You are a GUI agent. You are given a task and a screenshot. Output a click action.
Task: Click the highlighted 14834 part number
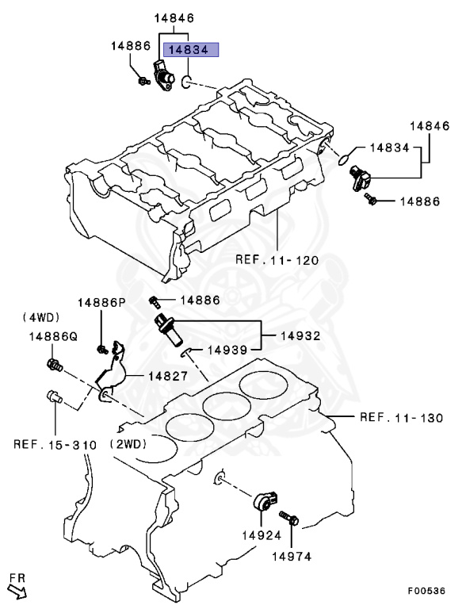tap(185, 49)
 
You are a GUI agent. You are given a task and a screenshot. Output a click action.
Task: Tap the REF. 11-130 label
tap(401, 417)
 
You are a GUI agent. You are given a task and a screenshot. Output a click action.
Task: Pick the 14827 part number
tap(166, 376)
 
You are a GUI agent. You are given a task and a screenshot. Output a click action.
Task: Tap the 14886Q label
tap(54, 336)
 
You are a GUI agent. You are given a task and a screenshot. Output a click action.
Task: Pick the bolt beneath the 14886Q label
tap(54, 365)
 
